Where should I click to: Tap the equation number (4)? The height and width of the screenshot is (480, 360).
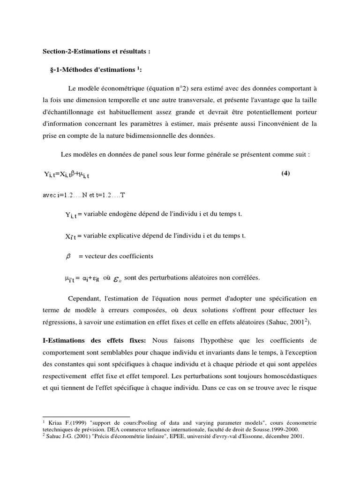286,173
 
